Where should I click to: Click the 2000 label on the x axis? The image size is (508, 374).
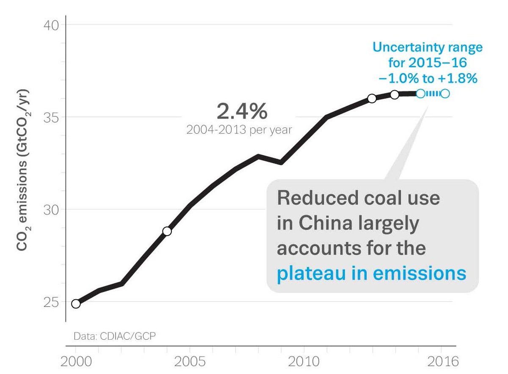[76, 362]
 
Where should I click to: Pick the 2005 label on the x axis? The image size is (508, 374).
[190, 362]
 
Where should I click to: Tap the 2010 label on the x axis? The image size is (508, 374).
[304, 362]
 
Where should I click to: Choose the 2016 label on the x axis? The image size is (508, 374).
[442, 362]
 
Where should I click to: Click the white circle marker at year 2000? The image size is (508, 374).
[76, 304]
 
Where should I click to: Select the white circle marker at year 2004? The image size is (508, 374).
[167, 231]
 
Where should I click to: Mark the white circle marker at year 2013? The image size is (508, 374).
[372, 99]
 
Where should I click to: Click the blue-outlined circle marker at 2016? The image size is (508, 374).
[445, 93]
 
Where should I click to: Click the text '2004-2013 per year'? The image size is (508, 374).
[239, 129]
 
